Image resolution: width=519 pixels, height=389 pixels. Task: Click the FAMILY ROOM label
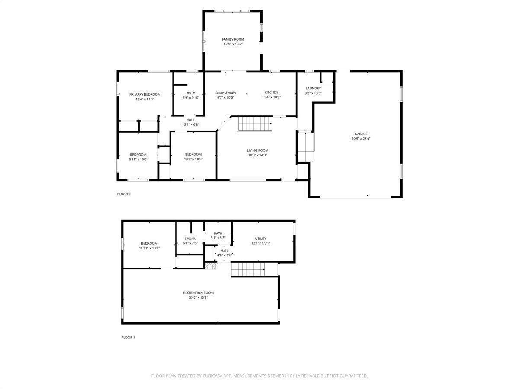click(x=233, y=39)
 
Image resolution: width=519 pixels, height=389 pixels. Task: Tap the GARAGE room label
click(x=361, y=134)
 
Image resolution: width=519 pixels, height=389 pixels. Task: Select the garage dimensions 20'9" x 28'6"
click(x=361, y=139)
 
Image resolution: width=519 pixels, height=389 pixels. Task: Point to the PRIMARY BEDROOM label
click(x=145, y=95)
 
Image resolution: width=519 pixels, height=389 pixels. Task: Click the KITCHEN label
click(x=271, y=92)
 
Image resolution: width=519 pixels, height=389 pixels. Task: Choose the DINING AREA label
click(x=226, y=93)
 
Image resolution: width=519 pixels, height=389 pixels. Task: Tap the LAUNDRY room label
click(x=313, y=88)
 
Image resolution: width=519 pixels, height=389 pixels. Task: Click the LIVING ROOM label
click(x=257, y=150)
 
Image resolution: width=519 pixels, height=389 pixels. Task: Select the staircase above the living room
click(x=255, y=124)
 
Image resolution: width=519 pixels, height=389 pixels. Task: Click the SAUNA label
click(x=190, y=239)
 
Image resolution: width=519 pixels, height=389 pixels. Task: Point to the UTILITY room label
click(x=261, y=239)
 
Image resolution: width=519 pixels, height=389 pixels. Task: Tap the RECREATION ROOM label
click(x=198, y=293)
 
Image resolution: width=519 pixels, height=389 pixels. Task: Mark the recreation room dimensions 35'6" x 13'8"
click(x=198, y=298)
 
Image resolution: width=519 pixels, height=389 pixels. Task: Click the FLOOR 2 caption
click(x=124, y=194)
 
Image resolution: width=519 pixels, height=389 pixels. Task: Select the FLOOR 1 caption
click(x=128, y=338)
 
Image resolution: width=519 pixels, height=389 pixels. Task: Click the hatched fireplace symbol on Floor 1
click(x=211, y=266)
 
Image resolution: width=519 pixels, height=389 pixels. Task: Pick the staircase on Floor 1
click(x=248, y=269)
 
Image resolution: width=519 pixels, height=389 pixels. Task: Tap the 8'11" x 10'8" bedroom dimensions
click(x=138, y=159)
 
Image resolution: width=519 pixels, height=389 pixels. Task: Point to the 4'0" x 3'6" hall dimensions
click(x=224, y=255)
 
